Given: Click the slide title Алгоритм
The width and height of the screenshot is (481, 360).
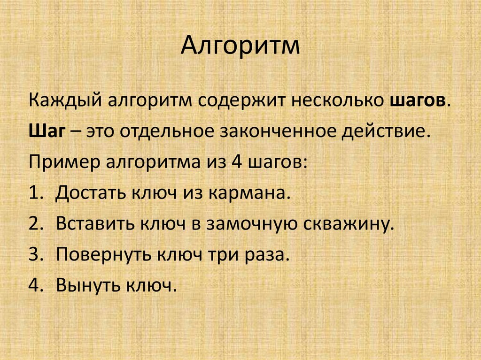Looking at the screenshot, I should (240, 47).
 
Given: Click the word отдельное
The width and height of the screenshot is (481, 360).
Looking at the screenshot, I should (166, 133).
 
